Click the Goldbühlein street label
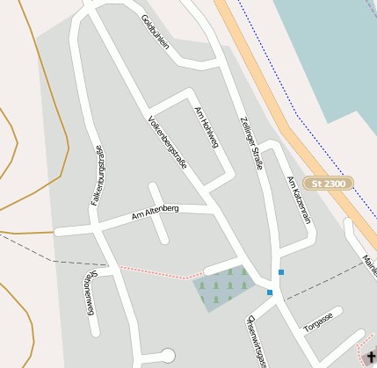click(x=154, y=32)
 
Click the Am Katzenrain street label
click(x=299, y=199)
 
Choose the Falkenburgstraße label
click(x=98, y=175)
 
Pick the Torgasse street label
click(x=317, y=321)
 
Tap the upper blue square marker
click(x=281, y=272)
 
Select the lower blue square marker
click(x=270, y=292)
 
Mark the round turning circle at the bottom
click(x=169, y=356)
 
